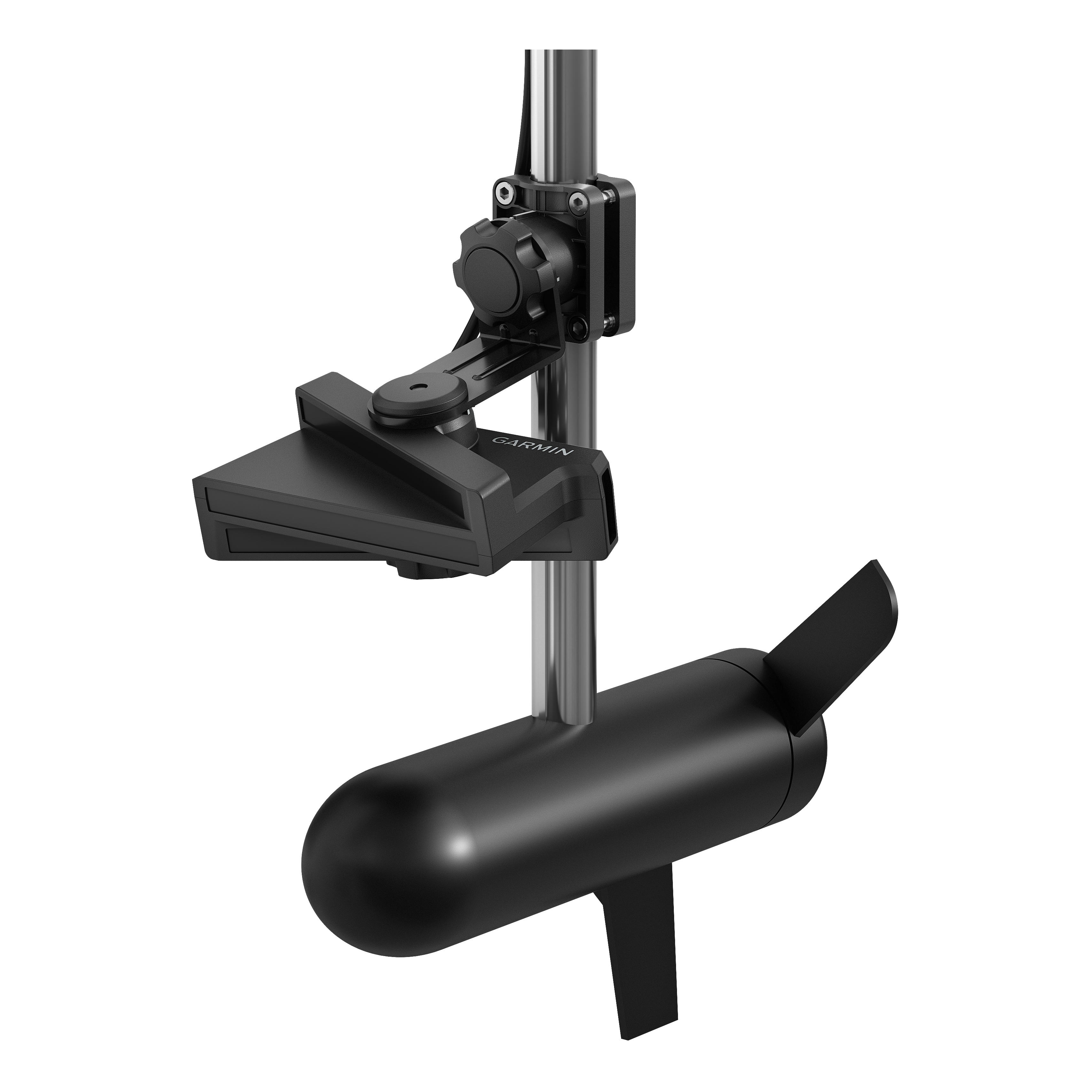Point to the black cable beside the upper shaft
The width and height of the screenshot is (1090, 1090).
click(x=522, y=113)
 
